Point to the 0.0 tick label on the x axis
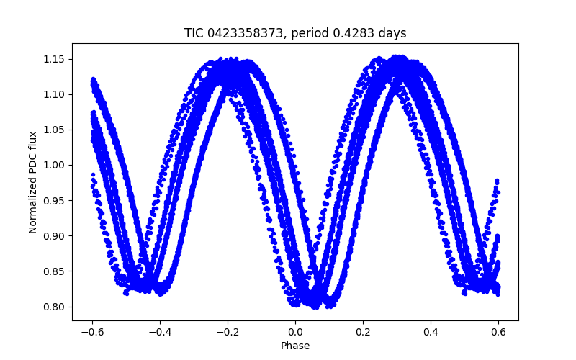click(x=295, y=332)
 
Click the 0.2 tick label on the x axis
click(x=363, y=332)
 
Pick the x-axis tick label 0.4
click(x=431, y=332)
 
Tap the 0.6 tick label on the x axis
click(x=498, y=332)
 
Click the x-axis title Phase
click(x=295, y=346)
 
